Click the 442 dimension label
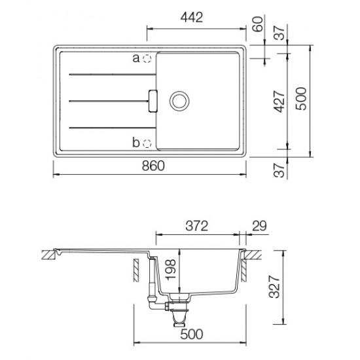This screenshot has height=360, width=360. tap(192, 18)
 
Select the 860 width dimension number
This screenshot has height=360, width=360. tap(153, 166)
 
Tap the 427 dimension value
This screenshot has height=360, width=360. tap(280, 101)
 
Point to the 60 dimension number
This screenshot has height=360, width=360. tap(257, 24)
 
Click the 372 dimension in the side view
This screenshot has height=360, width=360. tap(197, 226)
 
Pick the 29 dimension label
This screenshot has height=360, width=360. tap(259, 226)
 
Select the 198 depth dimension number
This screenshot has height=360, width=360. tap(170, 270)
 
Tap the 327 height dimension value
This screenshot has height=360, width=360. tap(275, 287)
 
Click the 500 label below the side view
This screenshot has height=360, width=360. tap(192, 334)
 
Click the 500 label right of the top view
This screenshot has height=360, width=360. tap(301, 99)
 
